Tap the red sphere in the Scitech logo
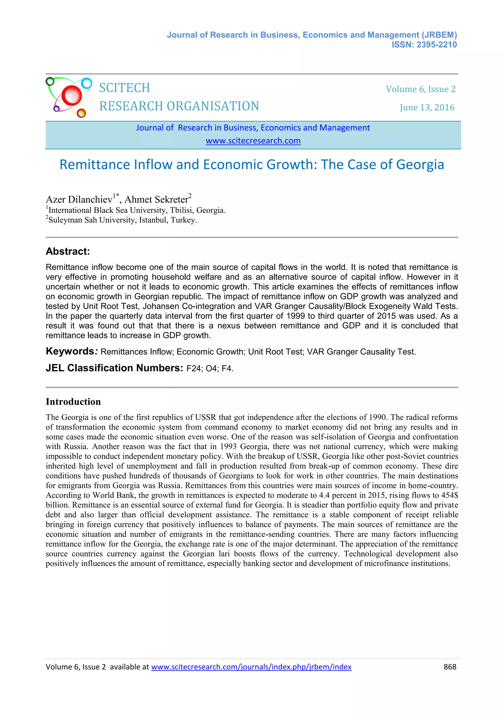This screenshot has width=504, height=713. coord(71,95)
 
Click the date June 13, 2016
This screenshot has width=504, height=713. coord(427,107)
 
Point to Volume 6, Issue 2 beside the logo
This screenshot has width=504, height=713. coord(421,89)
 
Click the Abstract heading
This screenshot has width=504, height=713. coord(68,251)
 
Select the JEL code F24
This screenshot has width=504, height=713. coord(193,369)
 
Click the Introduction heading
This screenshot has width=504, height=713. coord(73,402)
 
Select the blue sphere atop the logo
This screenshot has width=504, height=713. coord(87,83)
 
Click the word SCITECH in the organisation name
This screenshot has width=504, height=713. coord(125,88)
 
